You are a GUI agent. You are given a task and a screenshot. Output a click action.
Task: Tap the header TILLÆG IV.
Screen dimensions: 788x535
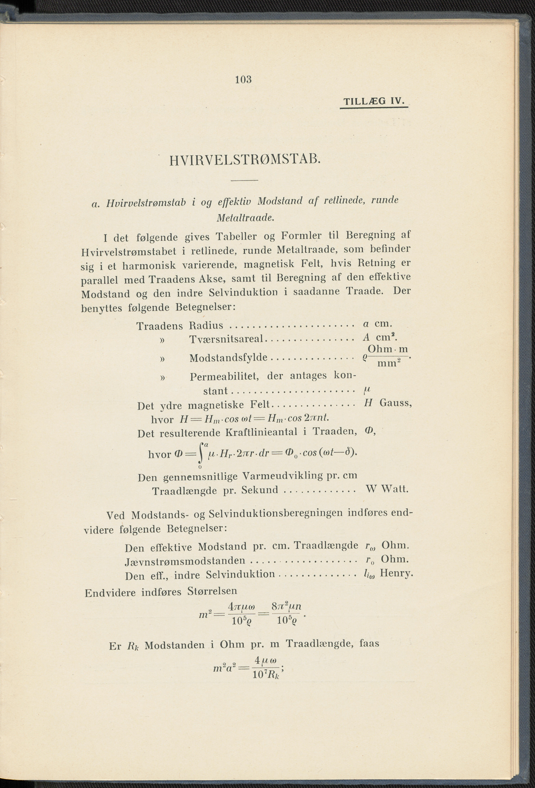(x=374, y=101)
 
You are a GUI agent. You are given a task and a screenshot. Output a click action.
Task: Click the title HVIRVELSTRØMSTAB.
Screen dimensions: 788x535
(x=244, y=160)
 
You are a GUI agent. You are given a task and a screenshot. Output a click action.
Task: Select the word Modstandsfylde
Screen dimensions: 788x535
(x=228, y=358)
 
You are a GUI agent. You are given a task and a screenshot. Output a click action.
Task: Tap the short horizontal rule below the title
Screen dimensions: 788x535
(x=244, y=180)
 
